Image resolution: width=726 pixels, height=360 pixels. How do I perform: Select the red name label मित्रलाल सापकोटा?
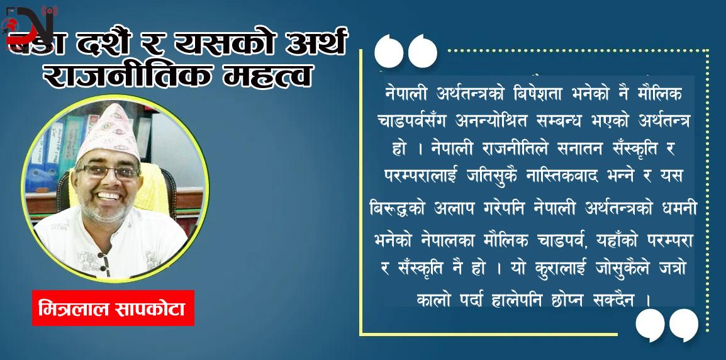(x=113, y=310)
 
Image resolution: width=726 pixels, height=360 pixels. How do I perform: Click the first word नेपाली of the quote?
(x=406, y=93)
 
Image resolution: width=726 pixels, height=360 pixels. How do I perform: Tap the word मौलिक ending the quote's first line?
(x=658, y=93)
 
